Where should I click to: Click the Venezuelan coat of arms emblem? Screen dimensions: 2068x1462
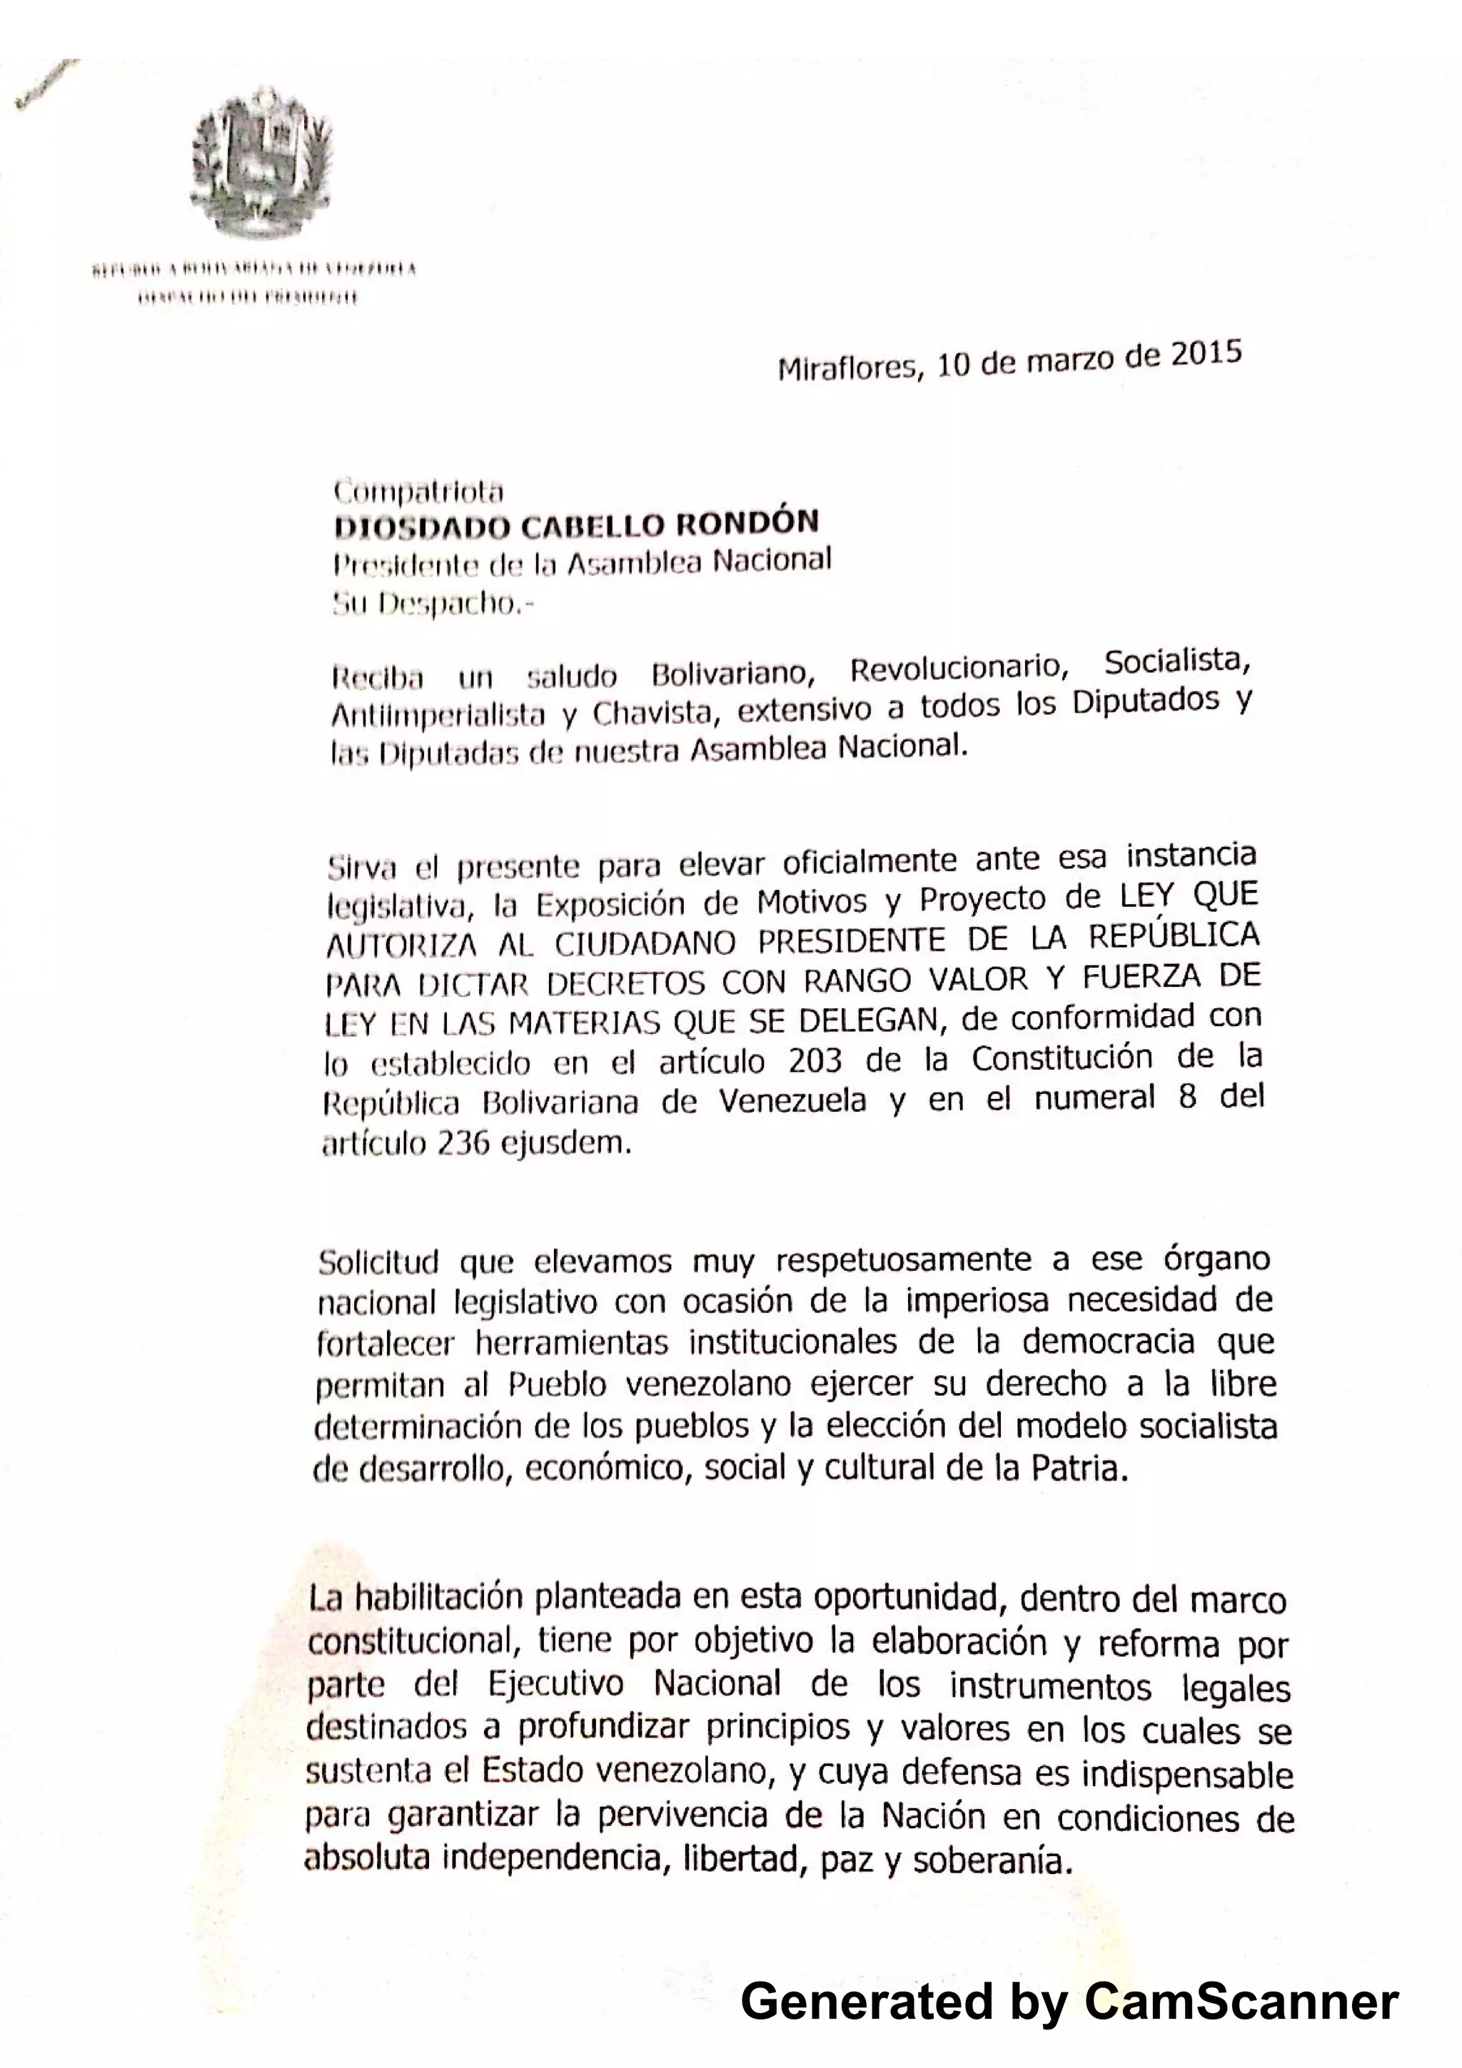pos(261,162)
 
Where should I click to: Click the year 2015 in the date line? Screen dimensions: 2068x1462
pos(1206,353)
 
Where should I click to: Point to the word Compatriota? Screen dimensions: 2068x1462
pos(418,491)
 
